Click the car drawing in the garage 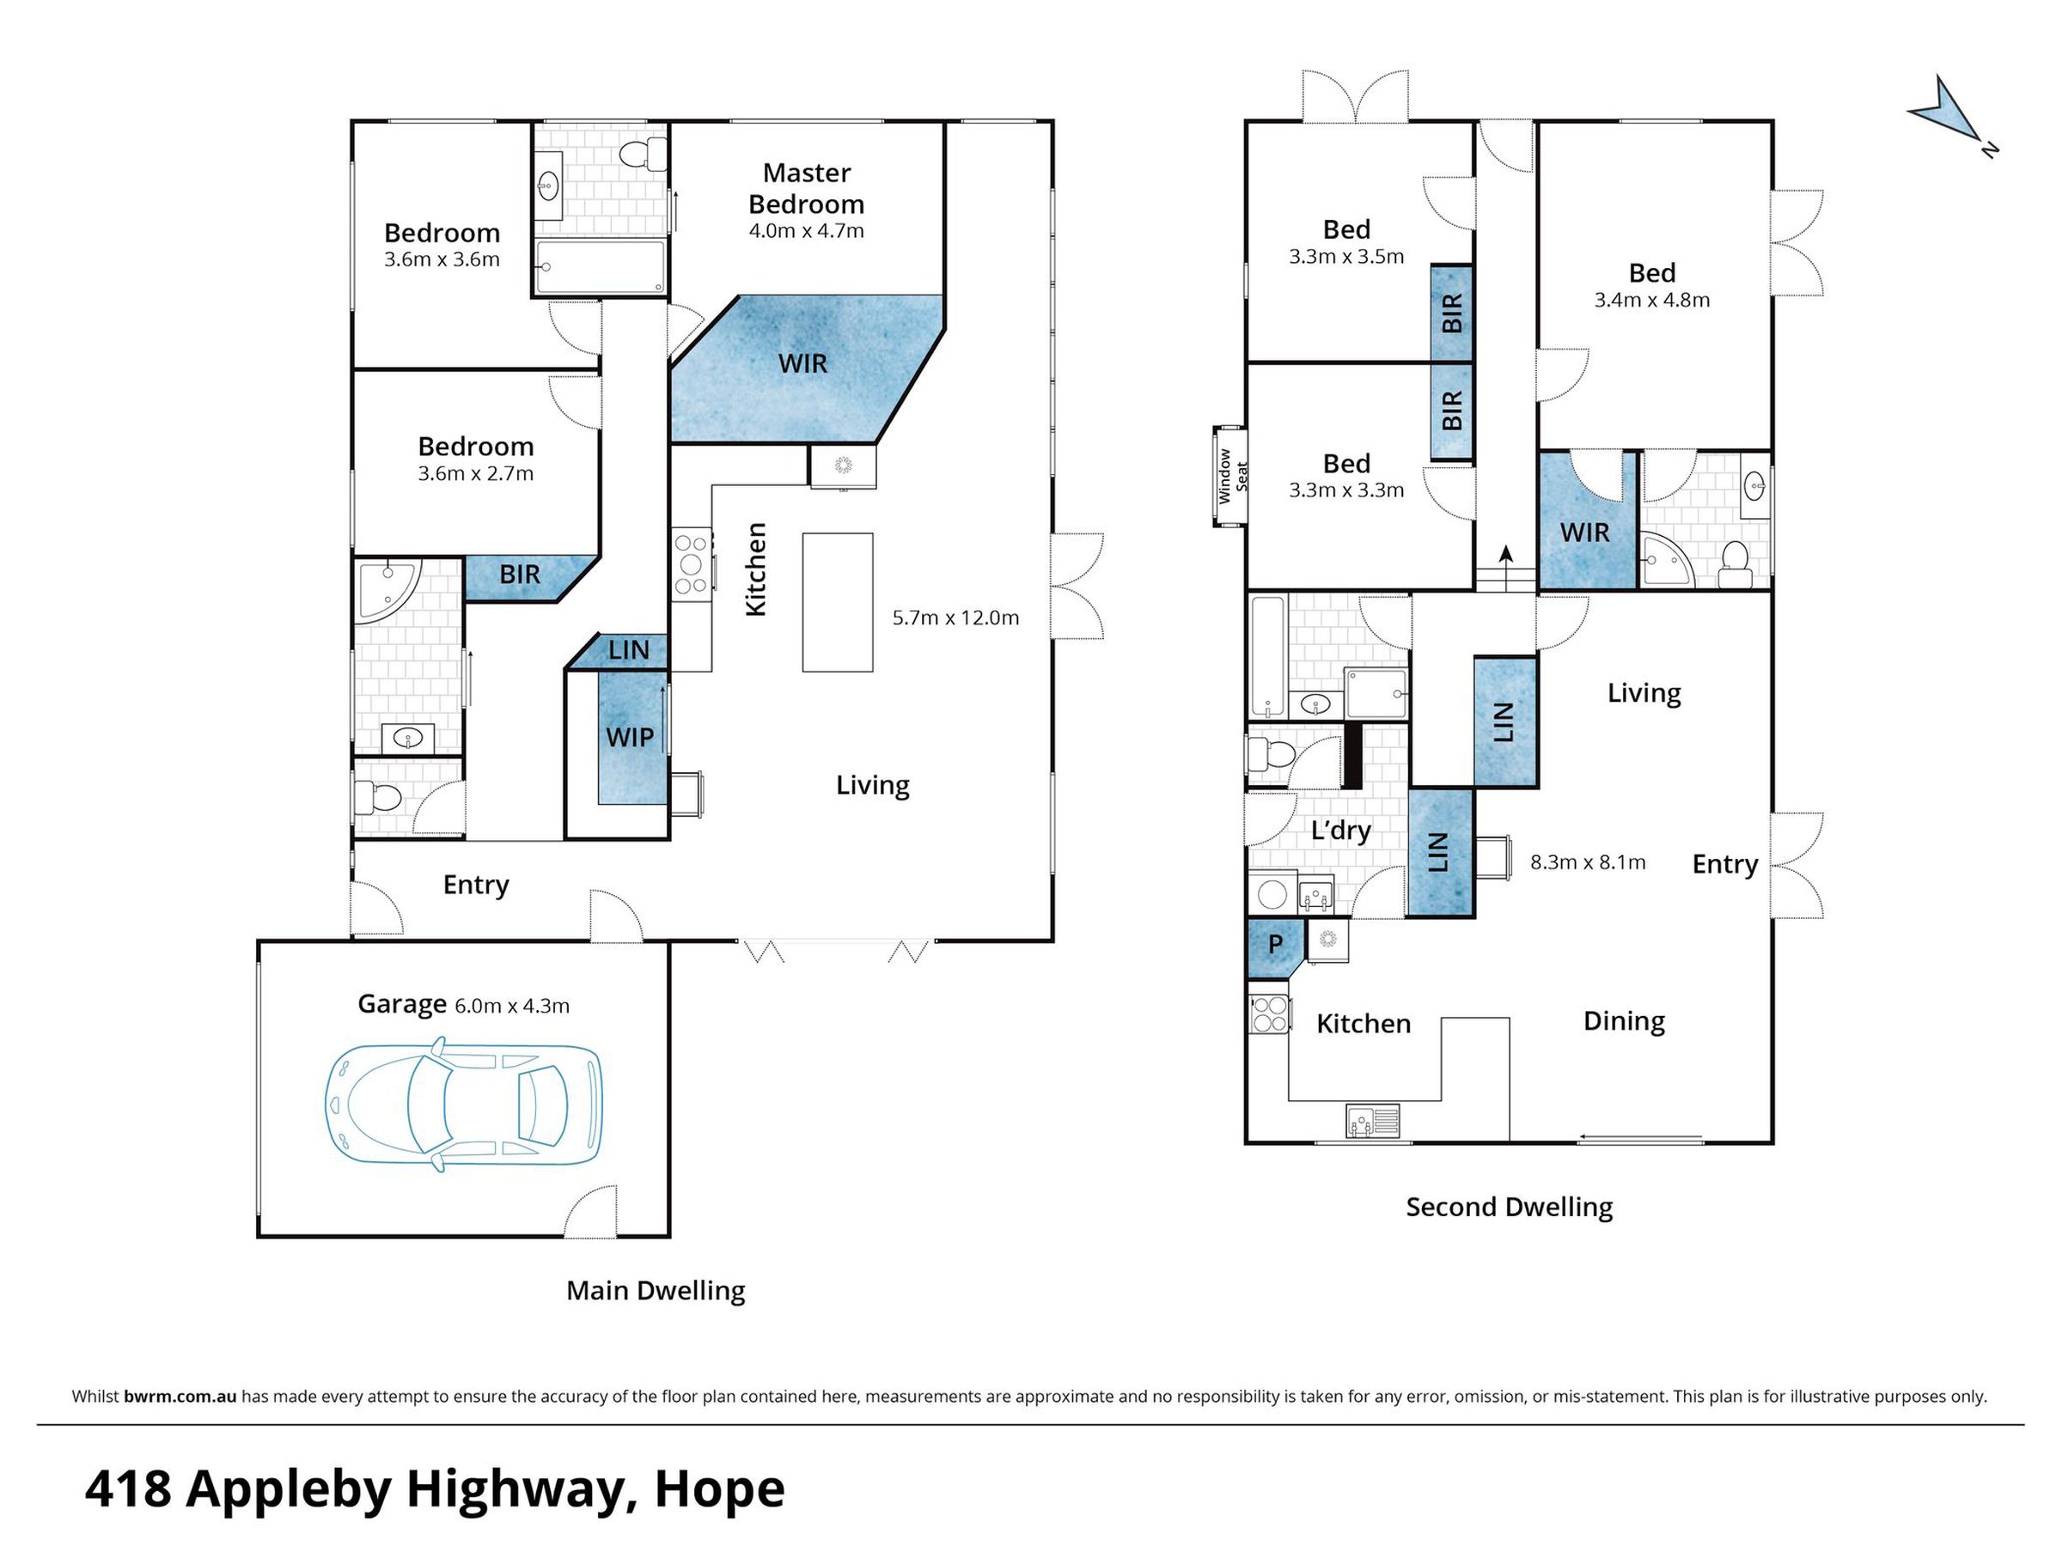[463, 1104]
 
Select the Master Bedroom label [807, 188]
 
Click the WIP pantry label [629, 737]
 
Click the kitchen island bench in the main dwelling [838, 602]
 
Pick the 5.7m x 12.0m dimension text [955, 618]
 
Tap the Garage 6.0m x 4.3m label [463, 1005]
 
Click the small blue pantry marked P [1274, 946]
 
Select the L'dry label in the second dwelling [1340, 831]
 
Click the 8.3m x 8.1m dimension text [1588, 862]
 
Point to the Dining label [1624, 1021]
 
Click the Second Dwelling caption [1509, 1207]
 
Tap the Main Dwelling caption [656, 1291]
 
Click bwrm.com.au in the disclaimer [180, 1396]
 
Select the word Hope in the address [720, 1489]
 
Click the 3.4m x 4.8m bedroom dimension [1652, 300]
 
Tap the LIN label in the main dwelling [628, 650]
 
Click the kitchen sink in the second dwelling [1372, 1120]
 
